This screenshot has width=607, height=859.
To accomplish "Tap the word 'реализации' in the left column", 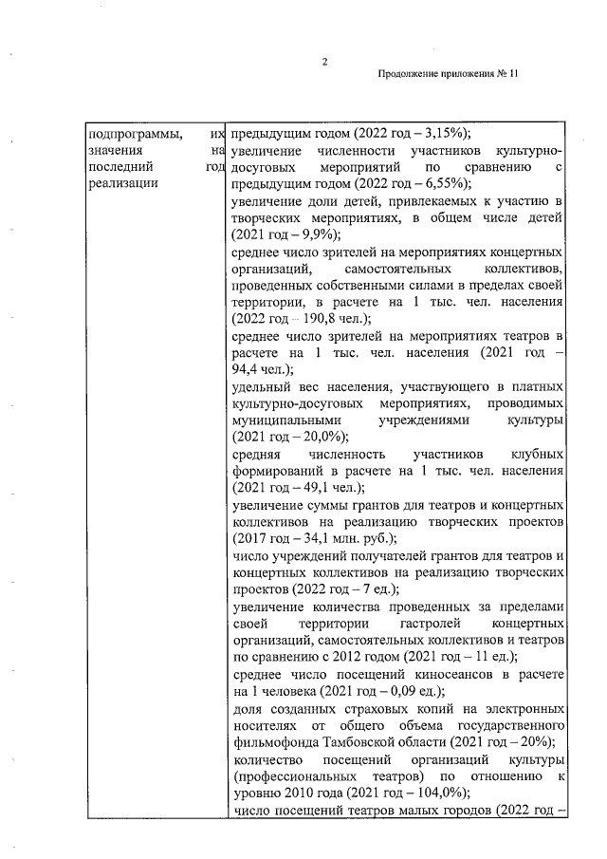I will [x=116, y=184].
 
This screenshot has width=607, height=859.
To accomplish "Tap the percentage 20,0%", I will [x=319, y=437].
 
